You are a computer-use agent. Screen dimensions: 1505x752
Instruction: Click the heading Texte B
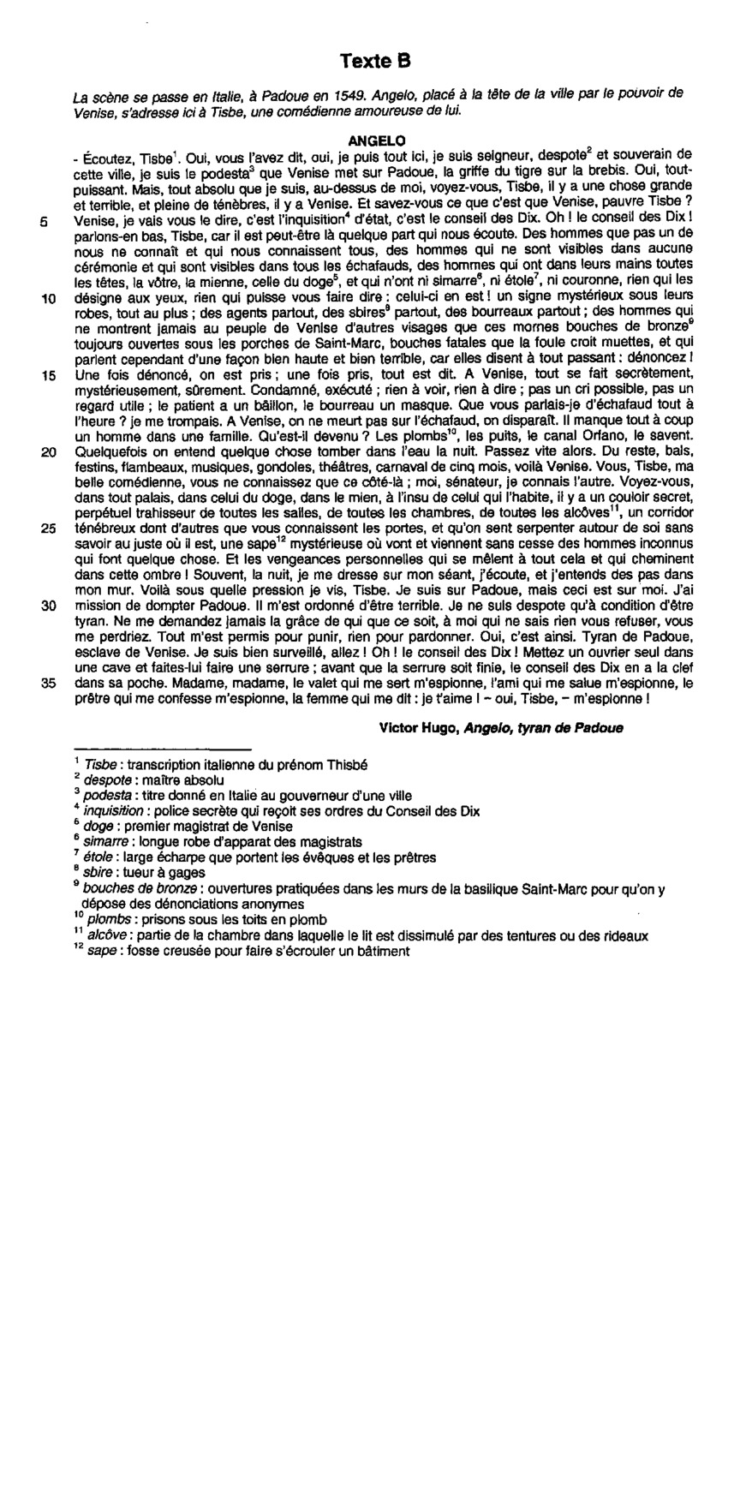coord(375,61)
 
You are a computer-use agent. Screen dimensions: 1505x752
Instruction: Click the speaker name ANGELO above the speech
coord(378,140)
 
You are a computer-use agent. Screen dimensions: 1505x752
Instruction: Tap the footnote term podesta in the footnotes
coord(107,796)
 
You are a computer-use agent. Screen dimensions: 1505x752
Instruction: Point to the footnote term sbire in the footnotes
coord(97,873)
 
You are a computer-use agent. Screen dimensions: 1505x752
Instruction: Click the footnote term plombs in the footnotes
coord(109,920)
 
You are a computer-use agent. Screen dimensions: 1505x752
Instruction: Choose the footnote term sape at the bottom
coord(99,951)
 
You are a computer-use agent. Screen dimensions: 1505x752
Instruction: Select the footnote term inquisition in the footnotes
coord(112,811)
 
